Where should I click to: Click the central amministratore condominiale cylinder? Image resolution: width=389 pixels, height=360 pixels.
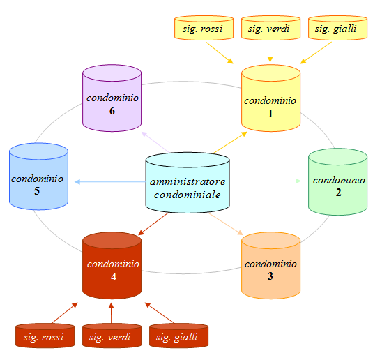[x=188, y=183]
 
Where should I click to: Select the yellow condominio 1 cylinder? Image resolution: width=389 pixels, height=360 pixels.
[x=271, y=98]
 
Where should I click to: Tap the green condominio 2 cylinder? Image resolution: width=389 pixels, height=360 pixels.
[x=337, y=182]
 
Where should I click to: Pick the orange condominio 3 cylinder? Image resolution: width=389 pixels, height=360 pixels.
[x=271, y=266]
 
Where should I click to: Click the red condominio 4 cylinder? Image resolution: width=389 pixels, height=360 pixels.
[x=112, y=266]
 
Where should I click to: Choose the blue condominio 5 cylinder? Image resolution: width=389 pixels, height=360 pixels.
[x=39, y=177]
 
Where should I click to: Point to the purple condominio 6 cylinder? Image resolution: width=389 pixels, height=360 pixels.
[x=112, y=98]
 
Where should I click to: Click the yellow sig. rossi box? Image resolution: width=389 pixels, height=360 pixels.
[x=204, y=28]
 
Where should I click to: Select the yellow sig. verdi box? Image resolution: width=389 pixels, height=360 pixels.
[x=271, y=28]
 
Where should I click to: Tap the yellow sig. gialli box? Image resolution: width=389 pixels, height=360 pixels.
[x=337, y=28]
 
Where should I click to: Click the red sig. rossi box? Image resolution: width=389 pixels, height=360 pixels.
[x=45, y=336]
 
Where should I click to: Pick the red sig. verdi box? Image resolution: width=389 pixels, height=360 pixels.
[x=112, y=336]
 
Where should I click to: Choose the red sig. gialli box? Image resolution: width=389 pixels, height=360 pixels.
[x=179, y=336]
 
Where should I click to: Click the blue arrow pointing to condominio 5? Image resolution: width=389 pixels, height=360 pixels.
[x=110, y=182]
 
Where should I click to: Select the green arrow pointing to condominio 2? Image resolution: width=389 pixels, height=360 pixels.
[x=265, y=181]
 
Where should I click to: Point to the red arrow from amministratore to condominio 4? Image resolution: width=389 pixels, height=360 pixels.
[x=153, y=224]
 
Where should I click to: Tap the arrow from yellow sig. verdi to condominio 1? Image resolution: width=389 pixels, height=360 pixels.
[x=270, y=52]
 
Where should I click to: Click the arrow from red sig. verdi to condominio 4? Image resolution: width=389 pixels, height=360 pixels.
[x=111, y=313]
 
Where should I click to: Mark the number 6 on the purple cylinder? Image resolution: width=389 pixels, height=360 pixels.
[x=112, y=111]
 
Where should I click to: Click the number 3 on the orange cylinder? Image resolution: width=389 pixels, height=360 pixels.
[x=270, y=276]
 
